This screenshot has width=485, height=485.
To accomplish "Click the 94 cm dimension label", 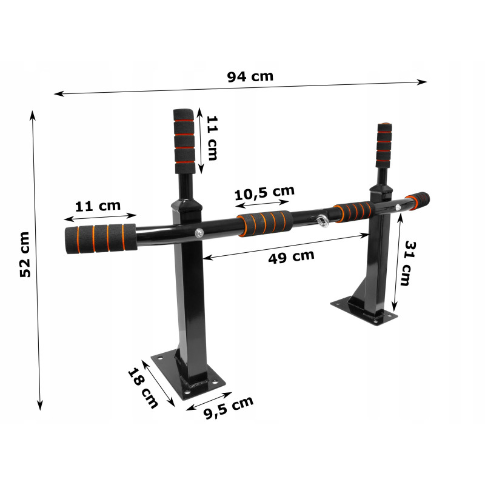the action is [250, 76].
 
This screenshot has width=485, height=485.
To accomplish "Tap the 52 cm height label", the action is [25, 255].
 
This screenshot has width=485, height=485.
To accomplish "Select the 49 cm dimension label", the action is [292, 256].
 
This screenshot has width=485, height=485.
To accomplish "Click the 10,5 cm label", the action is [264, 193].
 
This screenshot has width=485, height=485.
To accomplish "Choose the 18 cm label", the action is [143, 387].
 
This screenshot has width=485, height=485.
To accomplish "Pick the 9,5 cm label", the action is [229, 407].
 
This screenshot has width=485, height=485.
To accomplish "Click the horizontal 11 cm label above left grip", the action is [98, 206].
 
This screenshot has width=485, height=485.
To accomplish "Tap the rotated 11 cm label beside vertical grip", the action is [212, 138].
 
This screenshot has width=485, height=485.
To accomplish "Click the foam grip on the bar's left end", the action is [101, 238].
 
